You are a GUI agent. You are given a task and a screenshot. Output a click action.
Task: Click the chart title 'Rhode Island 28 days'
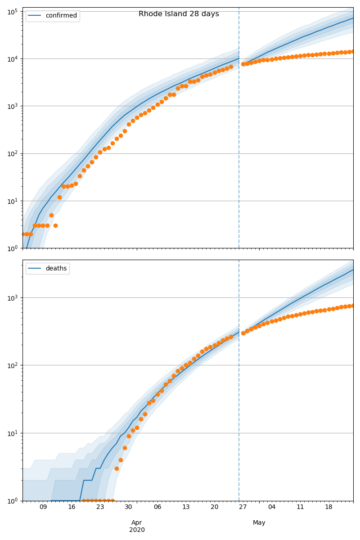[x=179, y=14]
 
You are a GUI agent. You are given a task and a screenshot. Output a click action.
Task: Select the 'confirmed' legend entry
[x=61, y=16]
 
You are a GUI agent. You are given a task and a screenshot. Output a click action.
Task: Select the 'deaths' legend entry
[x=56, y=269]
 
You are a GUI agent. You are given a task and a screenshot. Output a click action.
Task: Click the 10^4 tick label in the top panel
[x=12, y=58]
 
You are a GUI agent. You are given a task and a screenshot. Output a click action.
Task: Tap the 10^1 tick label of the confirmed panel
[x=12, y=201]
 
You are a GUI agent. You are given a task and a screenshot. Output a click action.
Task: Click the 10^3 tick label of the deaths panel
[x=12, y=298]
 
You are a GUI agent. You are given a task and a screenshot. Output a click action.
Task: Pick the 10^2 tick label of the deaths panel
[x=12, y=365]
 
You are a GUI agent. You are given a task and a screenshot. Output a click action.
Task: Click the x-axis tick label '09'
[x=43, y=507]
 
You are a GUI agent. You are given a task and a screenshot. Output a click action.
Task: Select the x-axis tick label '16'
[x=72, y=507]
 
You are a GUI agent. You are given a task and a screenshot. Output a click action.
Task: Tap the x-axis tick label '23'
[x=100, y=507]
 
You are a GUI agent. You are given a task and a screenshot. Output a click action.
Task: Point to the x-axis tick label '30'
[x=129, y=507]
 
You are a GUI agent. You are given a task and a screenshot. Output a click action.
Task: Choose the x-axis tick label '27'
[x=243, y=507]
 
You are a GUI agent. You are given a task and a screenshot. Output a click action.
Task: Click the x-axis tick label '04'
[x=272, y=507]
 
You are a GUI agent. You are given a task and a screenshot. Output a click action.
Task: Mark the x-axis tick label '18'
[x=329, y=507]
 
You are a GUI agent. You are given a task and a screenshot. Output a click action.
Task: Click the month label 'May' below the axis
[x=259, y=522]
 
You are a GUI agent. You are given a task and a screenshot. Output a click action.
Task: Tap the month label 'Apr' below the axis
[x=137, y=522]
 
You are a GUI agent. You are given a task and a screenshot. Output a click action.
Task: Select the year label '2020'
[x=137, y=530]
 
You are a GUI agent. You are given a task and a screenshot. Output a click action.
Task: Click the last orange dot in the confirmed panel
[x=353, y=51]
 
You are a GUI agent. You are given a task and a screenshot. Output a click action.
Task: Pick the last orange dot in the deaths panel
[x=353, y=306]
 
